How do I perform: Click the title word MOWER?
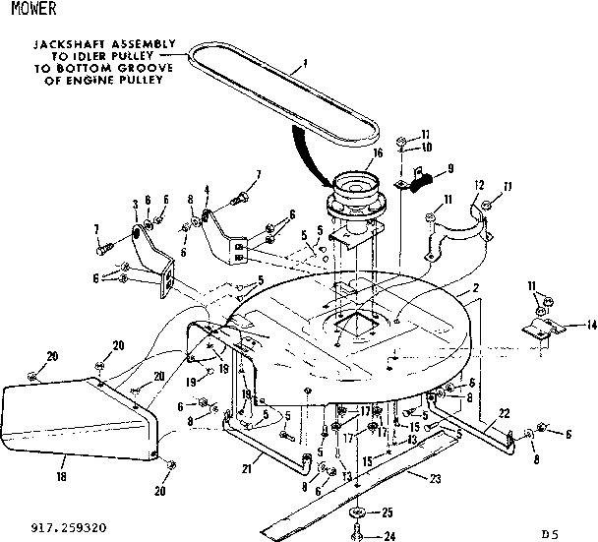[x=22, y=10]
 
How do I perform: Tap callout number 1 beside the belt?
[x=306, y=63]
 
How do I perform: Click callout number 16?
[x=378, y=154]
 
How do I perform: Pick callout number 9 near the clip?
[x=450, y=168]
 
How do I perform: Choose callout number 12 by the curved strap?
[x=480, y=186]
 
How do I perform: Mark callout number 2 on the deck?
[x=475, y=289]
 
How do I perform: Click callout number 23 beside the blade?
[x=434, y=478]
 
